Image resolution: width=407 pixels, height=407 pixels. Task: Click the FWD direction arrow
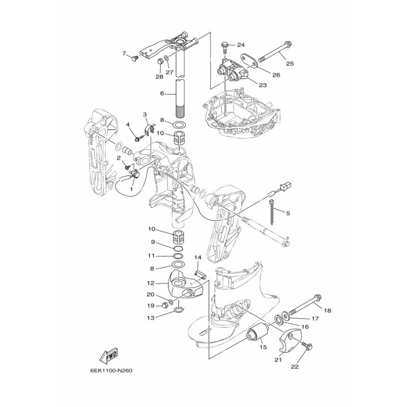pos(108,355)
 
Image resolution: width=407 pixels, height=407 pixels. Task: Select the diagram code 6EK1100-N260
pos(111,370)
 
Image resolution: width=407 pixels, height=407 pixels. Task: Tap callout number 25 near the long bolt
pos(290,63)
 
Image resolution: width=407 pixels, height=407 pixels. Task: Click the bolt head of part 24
pos(225,45)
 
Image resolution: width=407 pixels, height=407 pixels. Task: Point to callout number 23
pos(263,85)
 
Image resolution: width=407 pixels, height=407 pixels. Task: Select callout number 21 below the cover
pos(278,360)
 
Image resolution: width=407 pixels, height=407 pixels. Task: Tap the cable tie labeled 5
pos(273,212)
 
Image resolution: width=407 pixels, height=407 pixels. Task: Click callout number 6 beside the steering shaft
pos(162,93)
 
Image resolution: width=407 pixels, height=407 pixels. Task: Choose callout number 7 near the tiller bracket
pos(124,53)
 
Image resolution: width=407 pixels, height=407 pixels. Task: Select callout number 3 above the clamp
pos(145,114)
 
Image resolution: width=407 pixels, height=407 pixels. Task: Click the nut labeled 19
pos(164,306)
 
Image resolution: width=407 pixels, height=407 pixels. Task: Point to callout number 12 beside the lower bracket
pos(151,283)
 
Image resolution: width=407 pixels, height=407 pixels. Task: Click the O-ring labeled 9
pos(178,249)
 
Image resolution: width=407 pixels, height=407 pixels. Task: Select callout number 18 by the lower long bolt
pos(328,310)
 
